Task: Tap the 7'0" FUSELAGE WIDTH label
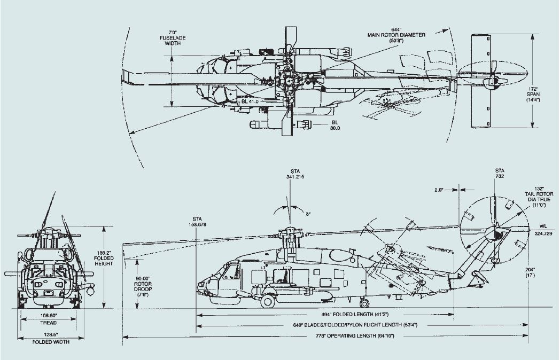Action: click(173, 38)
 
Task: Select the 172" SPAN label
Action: click(546, 93)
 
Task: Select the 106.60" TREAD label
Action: click(48, 319)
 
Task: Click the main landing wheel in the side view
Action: click(268, 301)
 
